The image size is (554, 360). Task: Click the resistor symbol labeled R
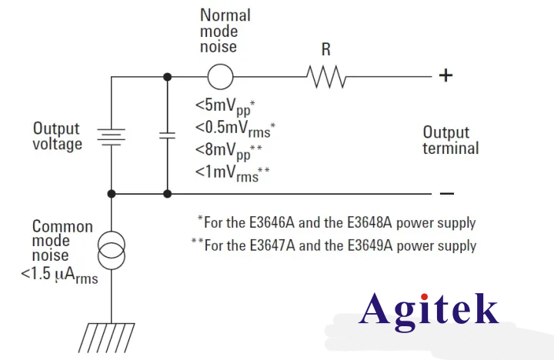(327, 77)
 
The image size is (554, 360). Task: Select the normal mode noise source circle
(221, 77)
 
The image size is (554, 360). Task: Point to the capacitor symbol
(167, 135)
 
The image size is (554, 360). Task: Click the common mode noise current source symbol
(112, 251)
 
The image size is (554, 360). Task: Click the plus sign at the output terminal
(446, 75)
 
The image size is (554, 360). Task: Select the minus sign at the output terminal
(447, 194)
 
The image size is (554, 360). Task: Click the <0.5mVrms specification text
(235, 127)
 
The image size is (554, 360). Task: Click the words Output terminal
(450, 140)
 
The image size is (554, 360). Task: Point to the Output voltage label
(57, 136)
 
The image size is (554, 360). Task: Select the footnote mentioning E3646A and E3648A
(336, 223)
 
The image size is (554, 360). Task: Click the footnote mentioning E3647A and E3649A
(333, 246)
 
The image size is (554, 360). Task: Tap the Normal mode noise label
(225, 31)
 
